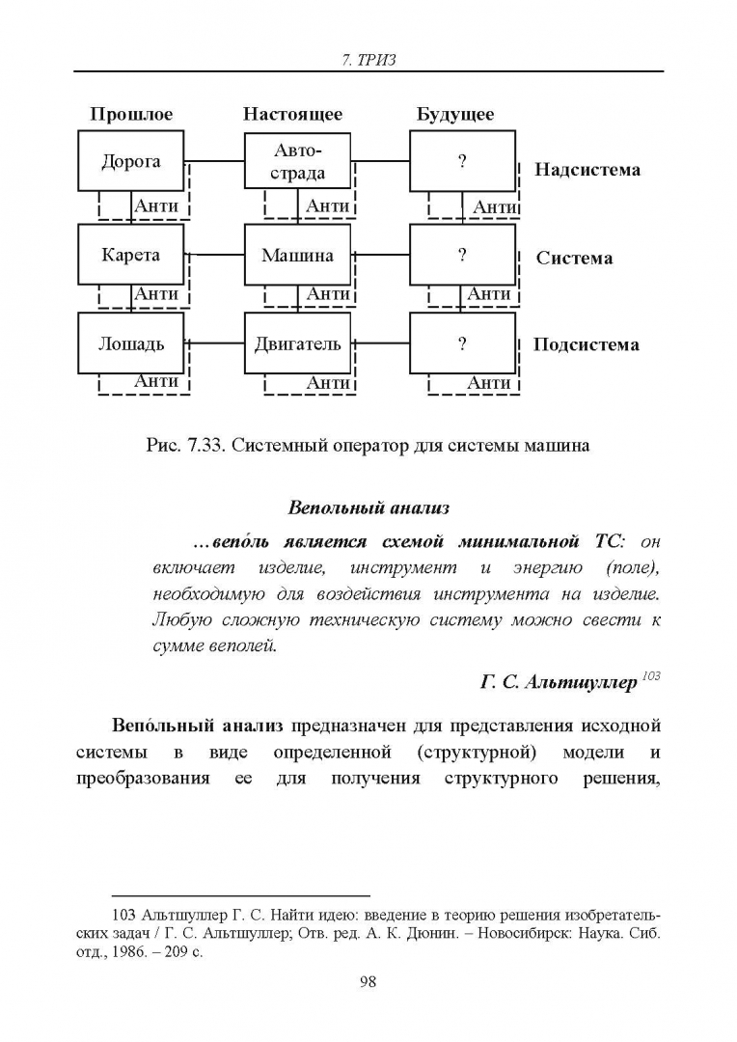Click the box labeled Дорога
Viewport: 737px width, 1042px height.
point(131,161)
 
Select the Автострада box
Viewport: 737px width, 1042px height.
point(298,161)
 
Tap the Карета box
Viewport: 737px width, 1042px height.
point(131,255)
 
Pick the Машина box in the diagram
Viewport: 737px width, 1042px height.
point(298,255)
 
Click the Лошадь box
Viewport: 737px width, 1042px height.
point(131,343)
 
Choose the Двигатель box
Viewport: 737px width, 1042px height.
point(298,343)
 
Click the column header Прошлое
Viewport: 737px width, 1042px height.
point(131,114)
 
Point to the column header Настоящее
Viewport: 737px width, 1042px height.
point(292,114)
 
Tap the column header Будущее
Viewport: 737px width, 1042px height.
point(455,114)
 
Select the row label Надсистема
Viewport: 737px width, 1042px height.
point(587,170)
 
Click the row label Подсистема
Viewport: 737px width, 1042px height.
point(587,344)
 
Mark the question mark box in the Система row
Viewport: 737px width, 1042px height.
point(462,255)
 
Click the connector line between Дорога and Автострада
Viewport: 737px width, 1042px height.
point(215,160)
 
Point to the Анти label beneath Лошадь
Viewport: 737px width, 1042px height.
point(156,381)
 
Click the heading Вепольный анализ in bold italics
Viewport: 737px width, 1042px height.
point(368,508)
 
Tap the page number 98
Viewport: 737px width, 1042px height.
point(368,981)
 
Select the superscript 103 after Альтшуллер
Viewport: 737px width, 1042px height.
point(651,675)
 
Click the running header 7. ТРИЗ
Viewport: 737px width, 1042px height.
point(368,60)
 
